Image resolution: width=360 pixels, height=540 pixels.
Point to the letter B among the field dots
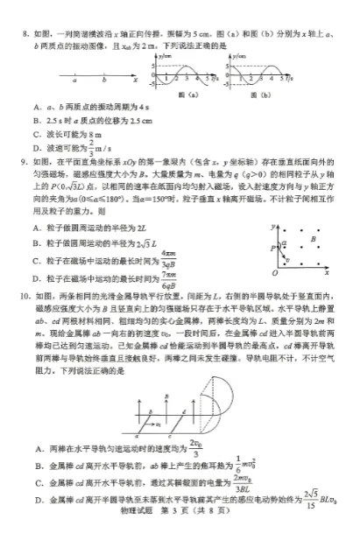click(312, 237)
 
